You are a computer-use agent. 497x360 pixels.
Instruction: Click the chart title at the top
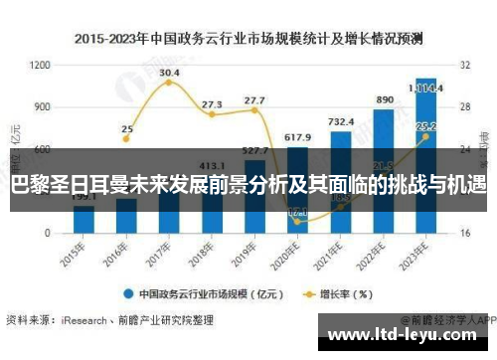(x=248, y=40)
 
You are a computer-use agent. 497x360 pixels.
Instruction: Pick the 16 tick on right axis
(x=464, y=233)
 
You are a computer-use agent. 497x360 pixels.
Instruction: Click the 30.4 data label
(x=169, y=73)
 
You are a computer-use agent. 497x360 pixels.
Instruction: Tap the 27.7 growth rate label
(x=254, y=100)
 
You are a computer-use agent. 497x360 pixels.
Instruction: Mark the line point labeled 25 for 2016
(x=126, y=143)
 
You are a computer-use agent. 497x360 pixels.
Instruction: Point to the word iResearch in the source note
(x=87, y=320)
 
